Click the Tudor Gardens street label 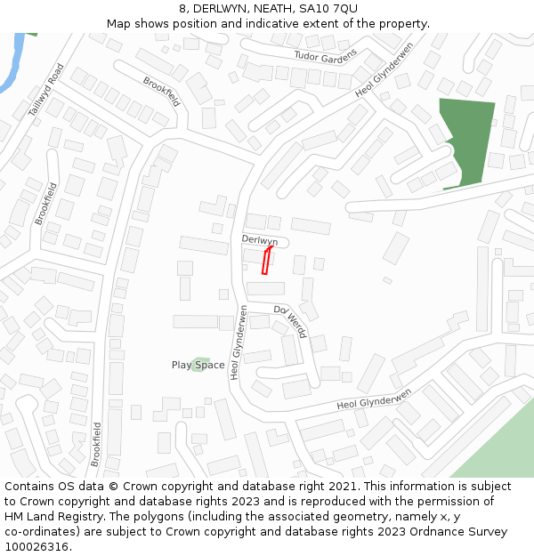326,55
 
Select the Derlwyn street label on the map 260,240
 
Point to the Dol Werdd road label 291,321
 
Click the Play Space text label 198,365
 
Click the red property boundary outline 265,261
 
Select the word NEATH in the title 270,8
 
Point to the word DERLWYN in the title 220,8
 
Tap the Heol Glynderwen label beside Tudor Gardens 384,68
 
